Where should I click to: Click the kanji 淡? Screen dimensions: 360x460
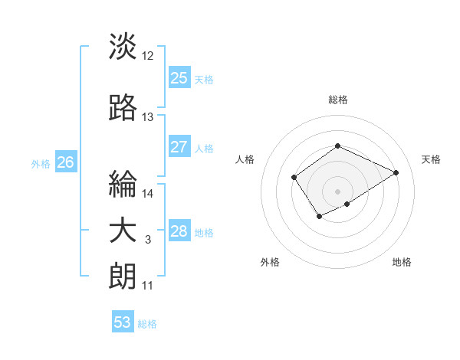click(x=123, y=47)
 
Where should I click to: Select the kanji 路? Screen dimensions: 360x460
click(x=123, y=109)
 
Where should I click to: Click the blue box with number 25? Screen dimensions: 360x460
click(x=179, y=77)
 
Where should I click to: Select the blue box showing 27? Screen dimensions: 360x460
click(x=179, y=147)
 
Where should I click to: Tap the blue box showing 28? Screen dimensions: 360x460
click(x=179, y=232)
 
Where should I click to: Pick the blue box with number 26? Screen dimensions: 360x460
click(x=65, y=162)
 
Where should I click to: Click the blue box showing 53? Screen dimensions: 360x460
click(x=123, y=322)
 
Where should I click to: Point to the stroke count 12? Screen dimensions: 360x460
click(x=148, y=56)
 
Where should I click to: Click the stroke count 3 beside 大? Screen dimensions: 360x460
click(x=148, y=241)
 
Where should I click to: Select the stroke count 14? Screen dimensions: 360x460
click(x=148, y=194)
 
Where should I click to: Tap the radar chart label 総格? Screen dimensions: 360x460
click(x=337, y=100)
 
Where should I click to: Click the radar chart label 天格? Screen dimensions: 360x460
click(x=431, y=159)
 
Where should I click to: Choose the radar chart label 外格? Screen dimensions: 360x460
click(x=270, y=262)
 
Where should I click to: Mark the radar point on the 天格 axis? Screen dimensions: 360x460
click(x=396, y=172)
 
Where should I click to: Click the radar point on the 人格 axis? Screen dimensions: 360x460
click(x=294, y=178)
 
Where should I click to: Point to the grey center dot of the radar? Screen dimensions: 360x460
click(x=337, y=191)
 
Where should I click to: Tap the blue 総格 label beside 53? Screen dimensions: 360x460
click(x=148, y=324)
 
